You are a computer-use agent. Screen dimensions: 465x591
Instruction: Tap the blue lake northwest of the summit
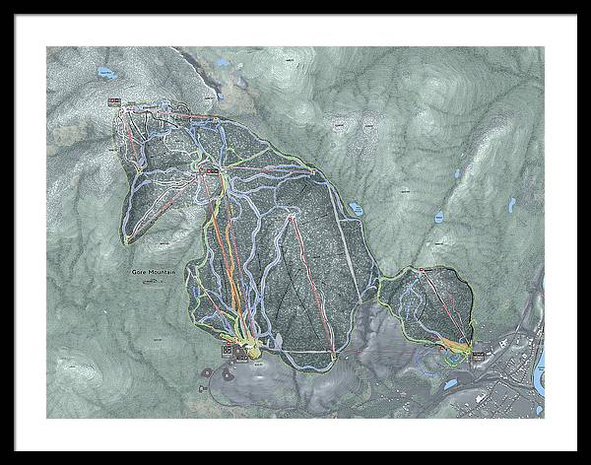pyautogui.click(x=105, y=73)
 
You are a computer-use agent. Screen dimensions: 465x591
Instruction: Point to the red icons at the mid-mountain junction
pyautogui.click(x=210, y=169)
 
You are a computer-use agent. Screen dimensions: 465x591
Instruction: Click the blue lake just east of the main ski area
pyautogui.click(x=356, y=209)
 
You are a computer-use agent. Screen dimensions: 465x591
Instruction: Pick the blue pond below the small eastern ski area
pyautogui.click(x=450, y=384)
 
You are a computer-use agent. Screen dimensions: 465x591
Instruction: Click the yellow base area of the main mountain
pyautogui.click(x=251, y=351)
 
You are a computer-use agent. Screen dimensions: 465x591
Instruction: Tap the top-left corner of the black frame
pyautogui.click(x=3, y=3)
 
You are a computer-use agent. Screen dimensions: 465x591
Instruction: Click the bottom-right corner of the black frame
pyautogui.click(x=587, y=461)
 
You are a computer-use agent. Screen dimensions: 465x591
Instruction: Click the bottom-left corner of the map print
pyautogui.click(x=46, y=418)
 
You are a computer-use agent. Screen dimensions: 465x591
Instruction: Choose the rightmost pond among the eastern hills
pyautogui.click(x=510, y=205)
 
